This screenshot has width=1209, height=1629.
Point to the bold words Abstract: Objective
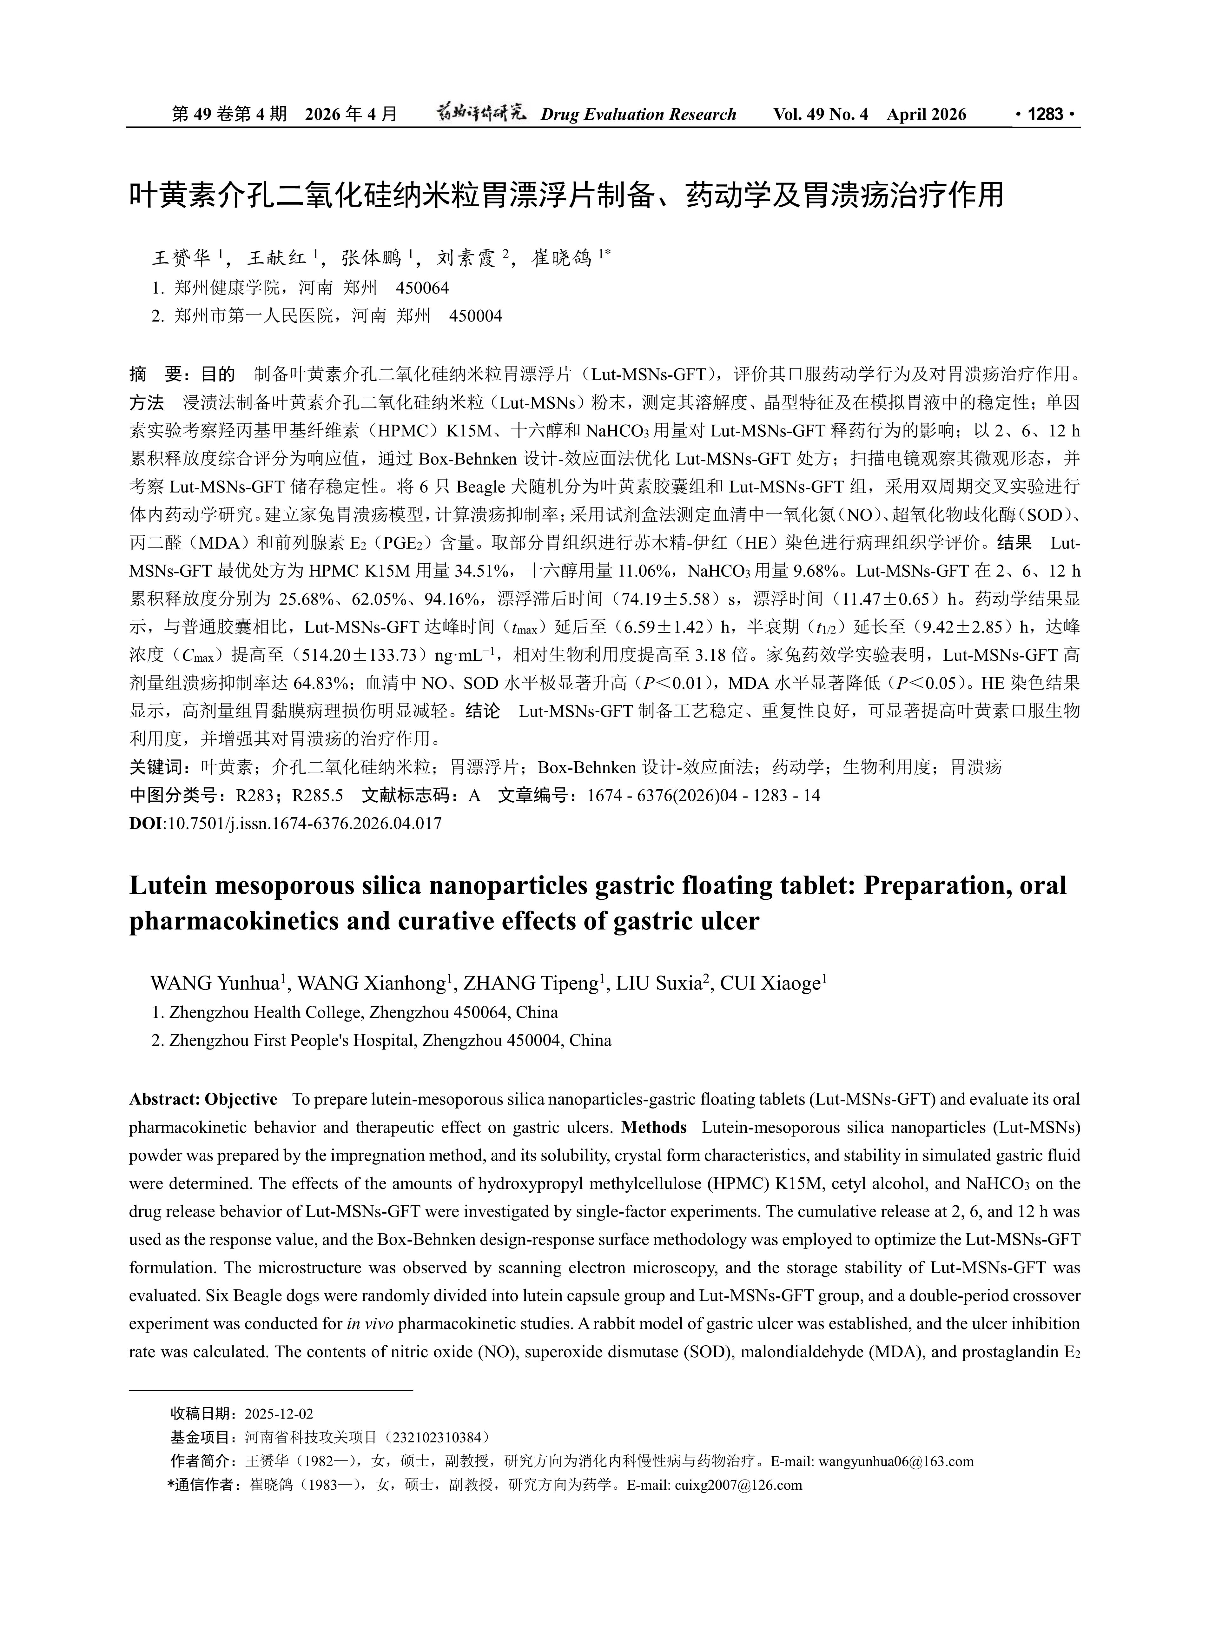click(x=203, y=1099)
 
